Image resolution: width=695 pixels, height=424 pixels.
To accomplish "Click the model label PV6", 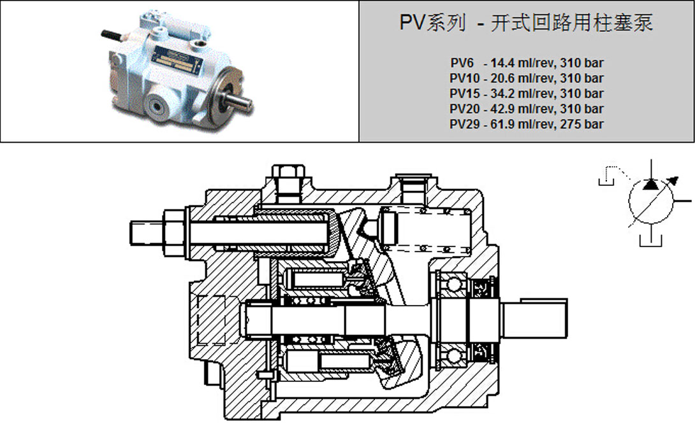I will click(460, 63).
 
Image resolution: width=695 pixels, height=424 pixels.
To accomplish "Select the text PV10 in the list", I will click(464, 78).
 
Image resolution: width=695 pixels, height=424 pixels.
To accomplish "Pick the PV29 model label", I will click(464, 124).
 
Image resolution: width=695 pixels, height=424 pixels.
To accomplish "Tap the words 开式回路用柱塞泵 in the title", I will click(572, 24).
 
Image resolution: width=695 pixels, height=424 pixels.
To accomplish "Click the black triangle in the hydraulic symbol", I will click(650, 185).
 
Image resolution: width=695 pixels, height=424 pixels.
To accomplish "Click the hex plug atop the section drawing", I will click(284, 173).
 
